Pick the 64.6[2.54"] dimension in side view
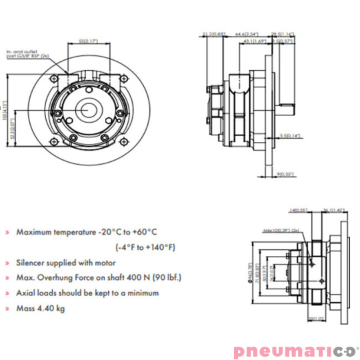point(248,32)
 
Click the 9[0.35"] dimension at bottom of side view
point(285,175)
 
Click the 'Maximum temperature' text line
point(86,232)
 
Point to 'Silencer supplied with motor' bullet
point(64,263)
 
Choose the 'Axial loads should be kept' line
point(87,293)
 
